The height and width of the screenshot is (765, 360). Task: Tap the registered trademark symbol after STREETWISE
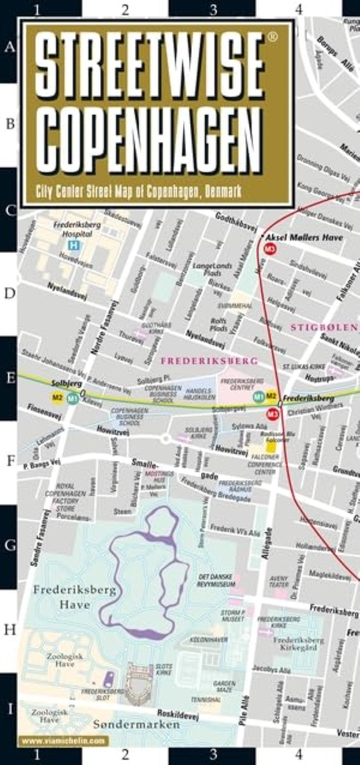pos(274,36)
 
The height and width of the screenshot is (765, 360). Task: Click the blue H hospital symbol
pos(74,246)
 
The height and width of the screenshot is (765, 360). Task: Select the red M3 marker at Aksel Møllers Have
pos(269,249)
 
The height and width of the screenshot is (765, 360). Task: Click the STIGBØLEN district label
pos(323,327)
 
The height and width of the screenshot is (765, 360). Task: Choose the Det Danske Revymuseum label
pos(216,580)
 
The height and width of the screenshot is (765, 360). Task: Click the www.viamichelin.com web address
pos(63,741)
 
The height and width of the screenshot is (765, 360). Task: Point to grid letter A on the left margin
pos(9,48)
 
